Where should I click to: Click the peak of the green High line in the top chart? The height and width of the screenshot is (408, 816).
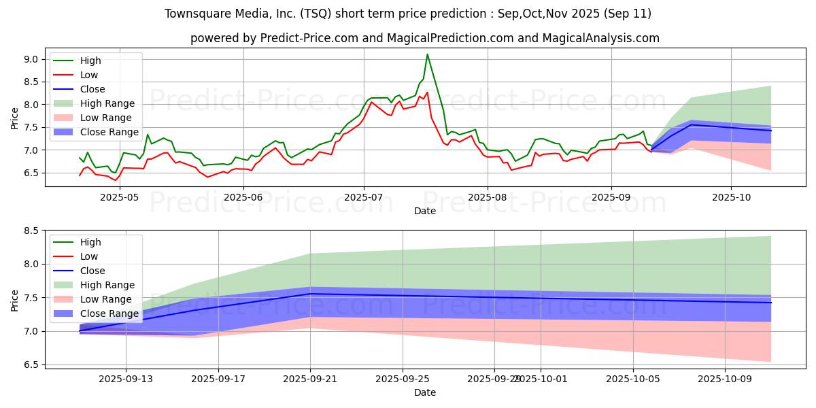tap(427, 54)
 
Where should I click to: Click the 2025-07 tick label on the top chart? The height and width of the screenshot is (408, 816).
tap(364, 197)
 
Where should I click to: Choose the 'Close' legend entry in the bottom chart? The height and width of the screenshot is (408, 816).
tap(92, 271)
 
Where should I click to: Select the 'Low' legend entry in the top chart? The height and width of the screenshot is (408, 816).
tap(89, 75)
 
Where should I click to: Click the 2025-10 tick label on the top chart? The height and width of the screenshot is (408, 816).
tap(731, 197)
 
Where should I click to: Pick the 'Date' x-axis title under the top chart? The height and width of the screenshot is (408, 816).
tap(425, 211)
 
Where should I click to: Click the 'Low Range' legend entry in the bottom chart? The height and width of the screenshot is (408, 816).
tap(106, 299)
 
